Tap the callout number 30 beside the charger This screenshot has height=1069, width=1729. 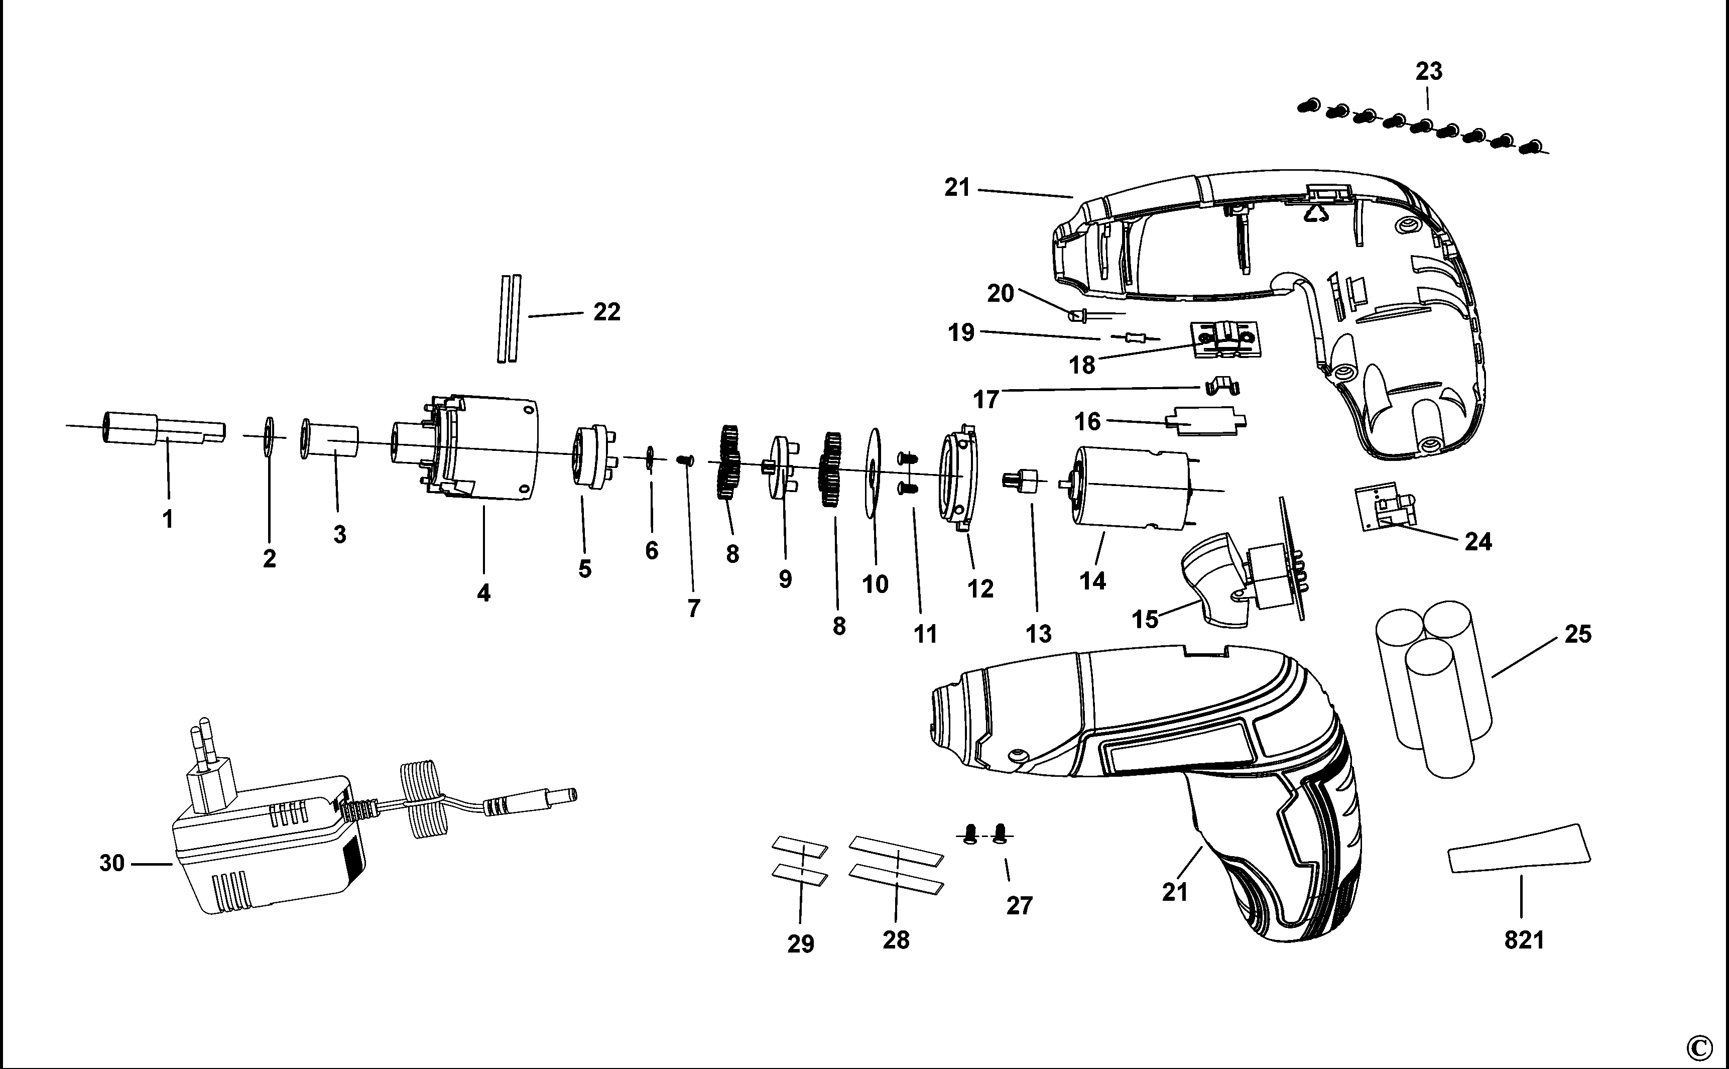[x=111, y=863]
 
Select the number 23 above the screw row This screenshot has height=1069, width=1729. [x=1429, y=71]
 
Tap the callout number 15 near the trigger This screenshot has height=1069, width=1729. [x=1145, y=619]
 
